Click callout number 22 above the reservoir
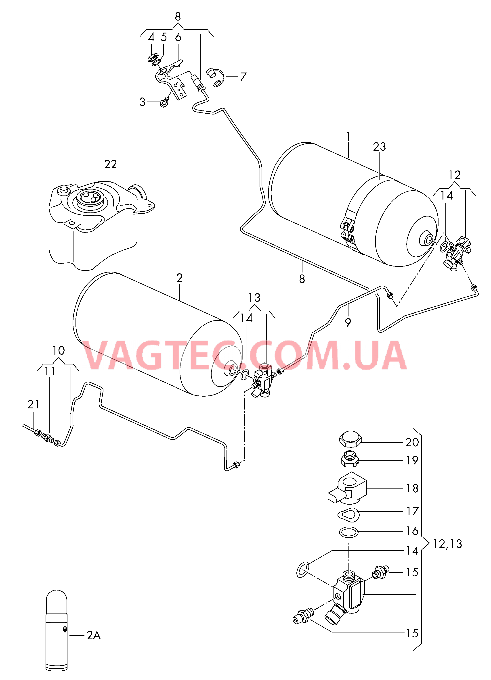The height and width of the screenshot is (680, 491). pyautogui.click(x=110, y=164)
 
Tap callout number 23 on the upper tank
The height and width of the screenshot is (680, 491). pyautogui.click(x=379, y=147)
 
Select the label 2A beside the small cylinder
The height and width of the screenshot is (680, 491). pyautogui.click(x=94, y=636)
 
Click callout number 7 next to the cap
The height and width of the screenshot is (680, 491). pyautogui.click(x=243, y=77)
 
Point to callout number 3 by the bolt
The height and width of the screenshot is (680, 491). pyautogui.click(x=142, y=102)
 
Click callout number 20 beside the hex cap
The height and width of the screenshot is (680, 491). pyautogui.click(x=412, y=442)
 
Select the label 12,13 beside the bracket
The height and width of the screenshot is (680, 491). pyautogui.click(x=447, y=544)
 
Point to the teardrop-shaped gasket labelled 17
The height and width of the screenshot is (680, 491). pyautogui.click(x=348, y=515)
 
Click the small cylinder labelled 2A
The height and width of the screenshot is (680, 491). pyautogui.click(x=57, y=630)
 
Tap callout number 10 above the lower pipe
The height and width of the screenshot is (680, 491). pyautogui.click(x=59, y=351)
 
